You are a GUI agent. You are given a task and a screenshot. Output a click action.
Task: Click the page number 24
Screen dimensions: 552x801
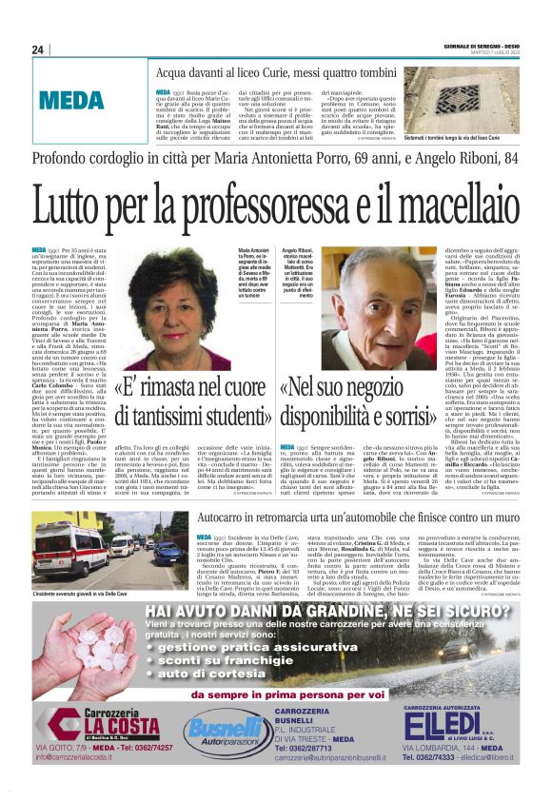pos(38,49)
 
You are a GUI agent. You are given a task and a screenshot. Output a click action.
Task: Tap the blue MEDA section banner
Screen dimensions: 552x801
pos(72,97)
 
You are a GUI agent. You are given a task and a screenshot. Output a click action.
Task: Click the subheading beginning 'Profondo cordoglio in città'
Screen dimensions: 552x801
pos(275,158)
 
